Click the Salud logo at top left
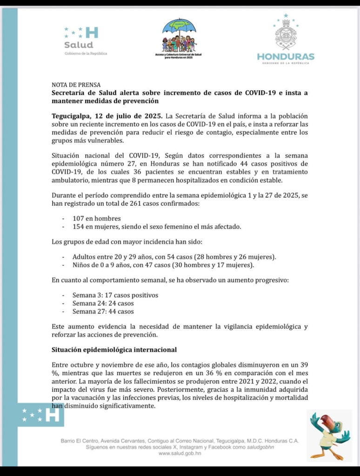click(x=81, y=39)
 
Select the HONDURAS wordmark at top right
click(x=286, y=57)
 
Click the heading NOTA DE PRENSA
click(x=76, y=85)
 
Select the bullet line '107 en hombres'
click(x=96, y=218)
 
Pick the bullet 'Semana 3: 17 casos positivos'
click(x=115, y=295)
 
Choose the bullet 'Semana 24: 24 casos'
click(x=103, y=303)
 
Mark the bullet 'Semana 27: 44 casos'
click(x=103, y=311)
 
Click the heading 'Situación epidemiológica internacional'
click(x=114, y=349)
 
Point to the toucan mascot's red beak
click(x=327, y=421)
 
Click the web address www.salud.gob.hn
click(x=180, y=454)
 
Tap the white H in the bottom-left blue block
click(x=53, y=415)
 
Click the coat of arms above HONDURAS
click(x=286, y=33)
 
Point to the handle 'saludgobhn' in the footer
click(x=261, y=447)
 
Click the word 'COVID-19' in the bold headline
click(x=261, y=93)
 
